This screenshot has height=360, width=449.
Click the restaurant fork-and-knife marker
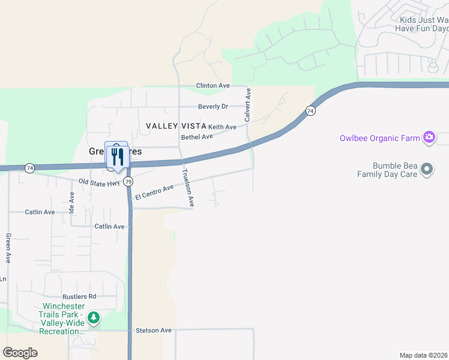pyautogui.click(x=116, y=157)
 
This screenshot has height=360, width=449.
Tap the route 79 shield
pyautogui.click(x=128, y=181)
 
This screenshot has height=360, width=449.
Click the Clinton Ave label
pyautogui.click(x=213, y=86)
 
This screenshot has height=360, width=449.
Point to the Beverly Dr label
pyautogui.click(x=213, y=107)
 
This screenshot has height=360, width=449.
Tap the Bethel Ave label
pyautogui.click(x=197, y=137)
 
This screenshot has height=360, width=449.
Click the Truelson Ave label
pyautogui.click(x=188, y=188)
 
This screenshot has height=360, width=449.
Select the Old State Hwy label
pyautogui.click(x=100, y=181)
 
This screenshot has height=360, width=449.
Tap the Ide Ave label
pyautogui.click(x=71, y=203)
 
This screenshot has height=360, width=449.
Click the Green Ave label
pyautogui.click(x=8, y=248)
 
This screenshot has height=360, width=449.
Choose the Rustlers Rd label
pyautogui.click(x=79, y=296)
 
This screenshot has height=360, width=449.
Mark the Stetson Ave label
pyautogui.click(x=154, y=330)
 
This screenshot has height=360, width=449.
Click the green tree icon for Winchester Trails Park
pyautogui.click(x=93, y=317)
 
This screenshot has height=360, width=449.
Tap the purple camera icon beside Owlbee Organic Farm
pyautogui.click(x=429, y=138)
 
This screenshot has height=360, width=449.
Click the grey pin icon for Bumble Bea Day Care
pyautogui.click(x=427, y=169)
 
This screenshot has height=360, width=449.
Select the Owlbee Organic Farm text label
pyautogui.click(x=379, y=139)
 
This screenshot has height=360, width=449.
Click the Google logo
pyautogui.click(x=20, y=353)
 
